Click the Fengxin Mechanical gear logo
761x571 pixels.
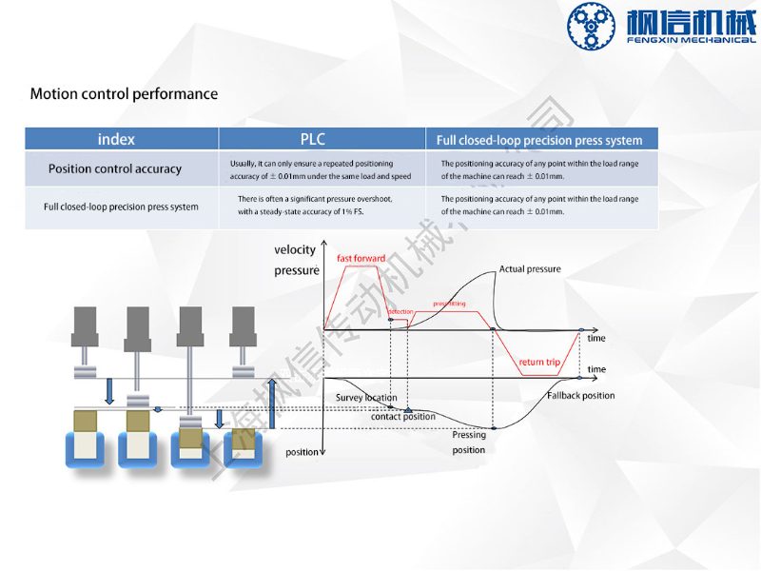coord(593,27)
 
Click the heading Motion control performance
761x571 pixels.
coord(124,94)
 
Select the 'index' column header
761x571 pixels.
coord(116,139)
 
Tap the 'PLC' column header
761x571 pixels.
coord(313,139)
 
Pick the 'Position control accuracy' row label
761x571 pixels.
coord(115,169)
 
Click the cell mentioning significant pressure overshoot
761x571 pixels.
coord(315,205)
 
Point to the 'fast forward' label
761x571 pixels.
coord(361,259)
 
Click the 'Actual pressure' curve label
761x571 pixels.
coord(530,269)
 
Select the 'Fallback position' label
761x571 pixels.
coord(580,396)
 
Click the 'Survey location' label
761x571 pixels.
coord(366,398)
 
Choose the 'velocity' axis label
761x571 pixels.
coord(295,250)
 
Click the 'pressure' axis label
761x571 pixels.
coord(296,271)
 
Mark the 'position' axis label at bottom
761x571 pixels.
coord(302,452)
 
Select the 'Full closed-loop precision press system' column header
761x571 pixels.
coord(539,140)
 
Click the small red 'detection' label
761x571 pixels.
coord(400,312)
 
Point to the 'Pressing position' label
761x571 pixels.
coord(469,443)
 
